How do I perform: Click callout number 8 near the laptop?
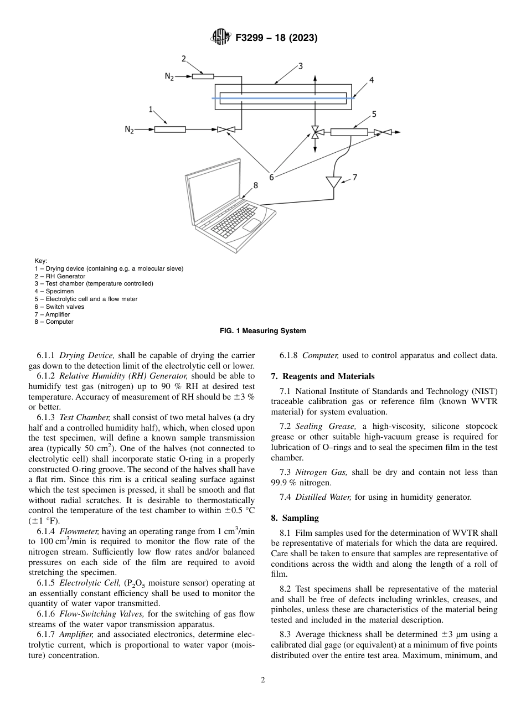point(255,185)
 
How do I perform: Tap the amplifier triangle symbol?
point(334,182)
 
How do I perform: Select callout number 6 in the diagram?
point(271,177)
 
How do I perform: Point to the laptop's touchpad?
point(252,224)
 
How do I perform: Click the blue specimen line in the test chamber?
point(282,98)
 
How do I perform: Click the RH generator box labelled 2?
point(203,76)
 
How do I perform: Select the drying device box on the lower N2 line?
point(169,130)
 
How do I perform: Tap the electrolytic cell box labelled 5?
point(349,132)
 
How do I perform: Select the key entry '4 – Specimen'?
point(54,291)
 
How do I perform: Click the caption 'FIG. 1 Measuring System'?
point(262,331)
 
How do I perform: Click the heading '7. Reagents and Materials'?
point(322,376)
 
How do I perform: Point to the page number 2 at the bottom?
point(263,680)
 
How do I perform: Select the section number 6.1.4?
point(47,531)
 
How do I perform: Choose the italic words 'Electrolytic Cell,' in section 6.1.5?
point(85,583)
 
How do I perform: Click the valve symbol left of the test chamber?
point(226,130)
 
